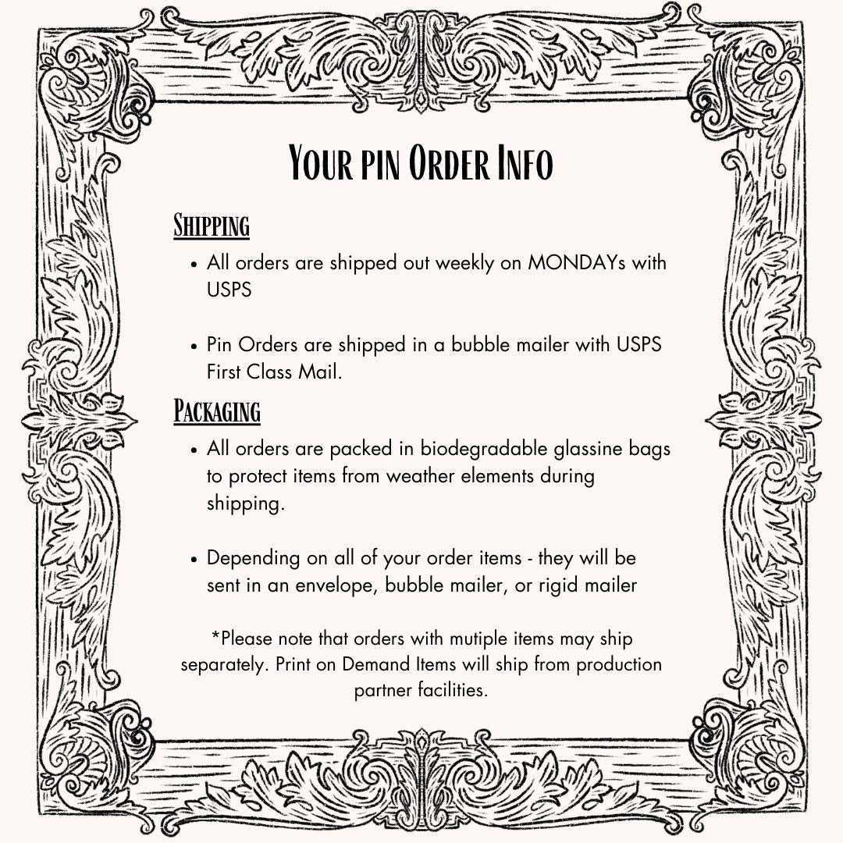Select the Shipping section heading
point(211,226)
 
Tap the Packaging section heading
point(216,411)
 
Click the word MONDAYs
point(577,262)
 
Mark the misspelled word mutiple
point(478,638)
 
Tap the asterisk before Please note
point(215,635)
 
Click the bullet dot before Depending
point(195,559)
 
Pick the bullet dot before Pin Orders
point(195,345)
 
